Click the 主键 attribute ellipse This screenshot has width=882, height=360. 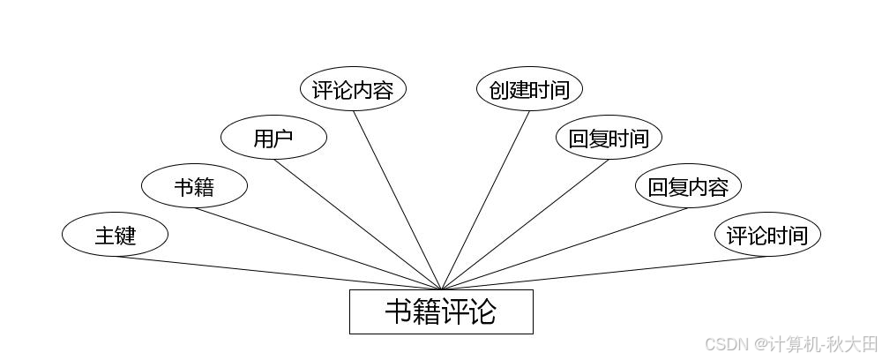115,236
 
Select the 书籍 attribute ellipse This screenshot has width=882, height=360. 194,186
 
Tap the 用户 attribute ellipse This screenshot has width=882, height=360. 273,138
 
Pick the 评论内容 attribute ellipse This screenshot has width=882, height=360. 353,89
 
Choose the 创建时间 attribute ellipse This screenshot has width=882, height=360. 529,89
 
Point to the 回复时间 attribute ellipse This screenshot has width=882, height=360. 609,138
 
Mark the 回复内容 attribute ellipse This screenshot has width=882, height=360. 688,186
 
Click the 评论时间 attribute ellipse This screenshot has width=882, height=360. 767,236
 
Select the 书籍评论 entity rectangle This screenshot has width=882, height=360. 441,311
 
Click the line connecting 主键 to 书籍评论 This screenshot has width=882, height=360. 278,273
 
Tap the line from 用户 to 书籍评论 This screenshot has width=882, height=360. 357,224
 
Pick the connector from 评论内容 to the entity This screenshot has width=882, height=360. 397,200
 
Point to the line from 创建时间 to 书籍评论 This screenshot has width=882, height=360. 485,200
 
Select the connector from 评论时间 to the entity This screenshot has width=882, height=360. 604,273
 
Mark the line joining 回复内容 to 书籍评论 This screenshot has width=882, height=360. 564,248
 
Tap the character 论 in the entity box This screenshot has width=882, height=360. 482,311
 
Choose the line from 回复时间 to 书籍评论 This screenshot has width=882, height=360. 525,224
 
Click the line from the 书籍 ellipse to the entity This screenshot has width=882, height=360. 318,248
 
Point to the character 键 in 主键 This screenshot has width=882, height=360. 125,236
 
